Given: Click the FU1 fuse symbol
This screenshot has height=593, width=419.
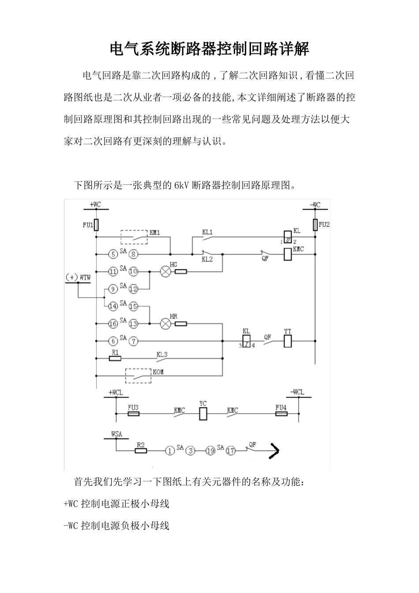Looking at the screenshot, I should point(96,225).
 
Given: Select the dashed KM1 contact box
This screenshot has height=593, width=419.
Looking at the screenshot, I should point(134,236).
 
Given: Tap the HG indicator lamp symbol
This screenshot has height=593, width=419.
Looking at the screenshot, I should point(165,272).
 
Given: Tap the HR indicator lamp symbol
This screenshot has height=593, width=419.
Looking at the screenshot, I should point(165,323).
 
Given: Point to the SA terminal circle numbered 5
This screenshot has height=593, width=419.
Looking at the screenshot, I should point(113,254).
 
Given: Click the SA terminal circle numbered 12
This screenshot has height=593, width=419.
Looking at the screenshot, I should point(133,289).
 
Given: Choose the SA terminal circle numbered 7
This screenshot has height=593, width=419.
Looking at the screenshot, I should point(133,341).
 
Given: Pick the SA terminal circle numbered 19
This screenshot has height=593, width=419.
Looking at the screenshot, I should point(210,450).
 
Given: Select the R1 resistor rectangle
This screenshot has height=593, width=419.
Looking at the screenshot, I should point(115,358).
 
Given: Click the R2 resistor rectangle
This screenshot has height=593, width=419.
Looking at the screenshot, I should point(141,450).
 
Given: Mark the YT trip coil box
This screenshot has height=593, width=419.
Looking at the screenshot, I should point(288,341).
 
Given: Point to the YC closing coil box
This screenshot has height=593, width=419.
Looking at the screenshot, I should point(203,414).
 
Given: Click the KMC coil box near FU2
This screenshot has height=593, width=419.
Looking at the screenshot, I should point(288,254).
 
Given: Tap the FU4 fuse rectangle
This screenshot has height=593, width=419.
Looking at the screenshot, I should point(281,414).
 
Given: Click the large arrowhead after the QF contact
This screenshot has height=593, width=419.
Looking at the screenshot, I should point(274,450).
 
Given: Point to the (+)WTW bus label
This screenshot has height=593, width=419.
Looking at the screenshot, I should point(78,278).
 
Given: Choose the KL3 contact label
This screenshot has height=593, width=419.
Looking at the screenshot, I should point(162,354).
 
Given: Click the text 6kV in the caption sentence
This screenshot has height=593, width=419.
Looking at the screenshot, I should point(182,185).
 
